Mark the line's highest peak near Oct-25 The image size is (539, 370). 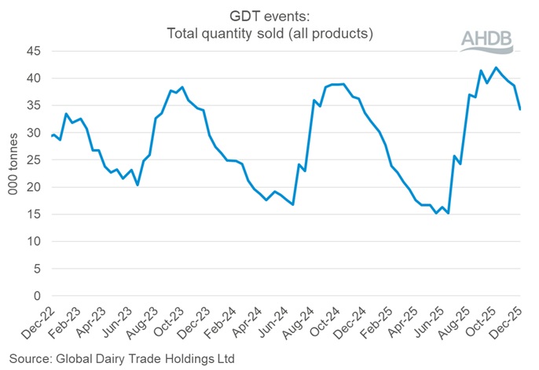496,68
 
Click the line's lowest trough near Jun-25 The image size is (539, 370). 448,214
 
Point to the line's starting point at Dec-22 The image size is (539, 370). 51,137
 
